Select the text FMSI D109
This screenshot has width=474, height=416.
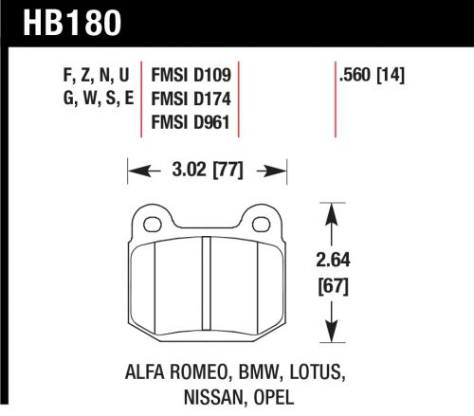pyautogui.click(x=192, y=73)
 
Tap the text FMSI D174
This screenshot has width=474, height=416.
pyautogui.click(x=192, y=98)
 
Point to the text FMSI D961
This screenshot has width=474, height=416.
pyautogui.click(x=192, y=122)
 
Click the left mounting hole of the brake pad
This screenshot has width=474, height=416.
pyautogui.click(x=150, y=224)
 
